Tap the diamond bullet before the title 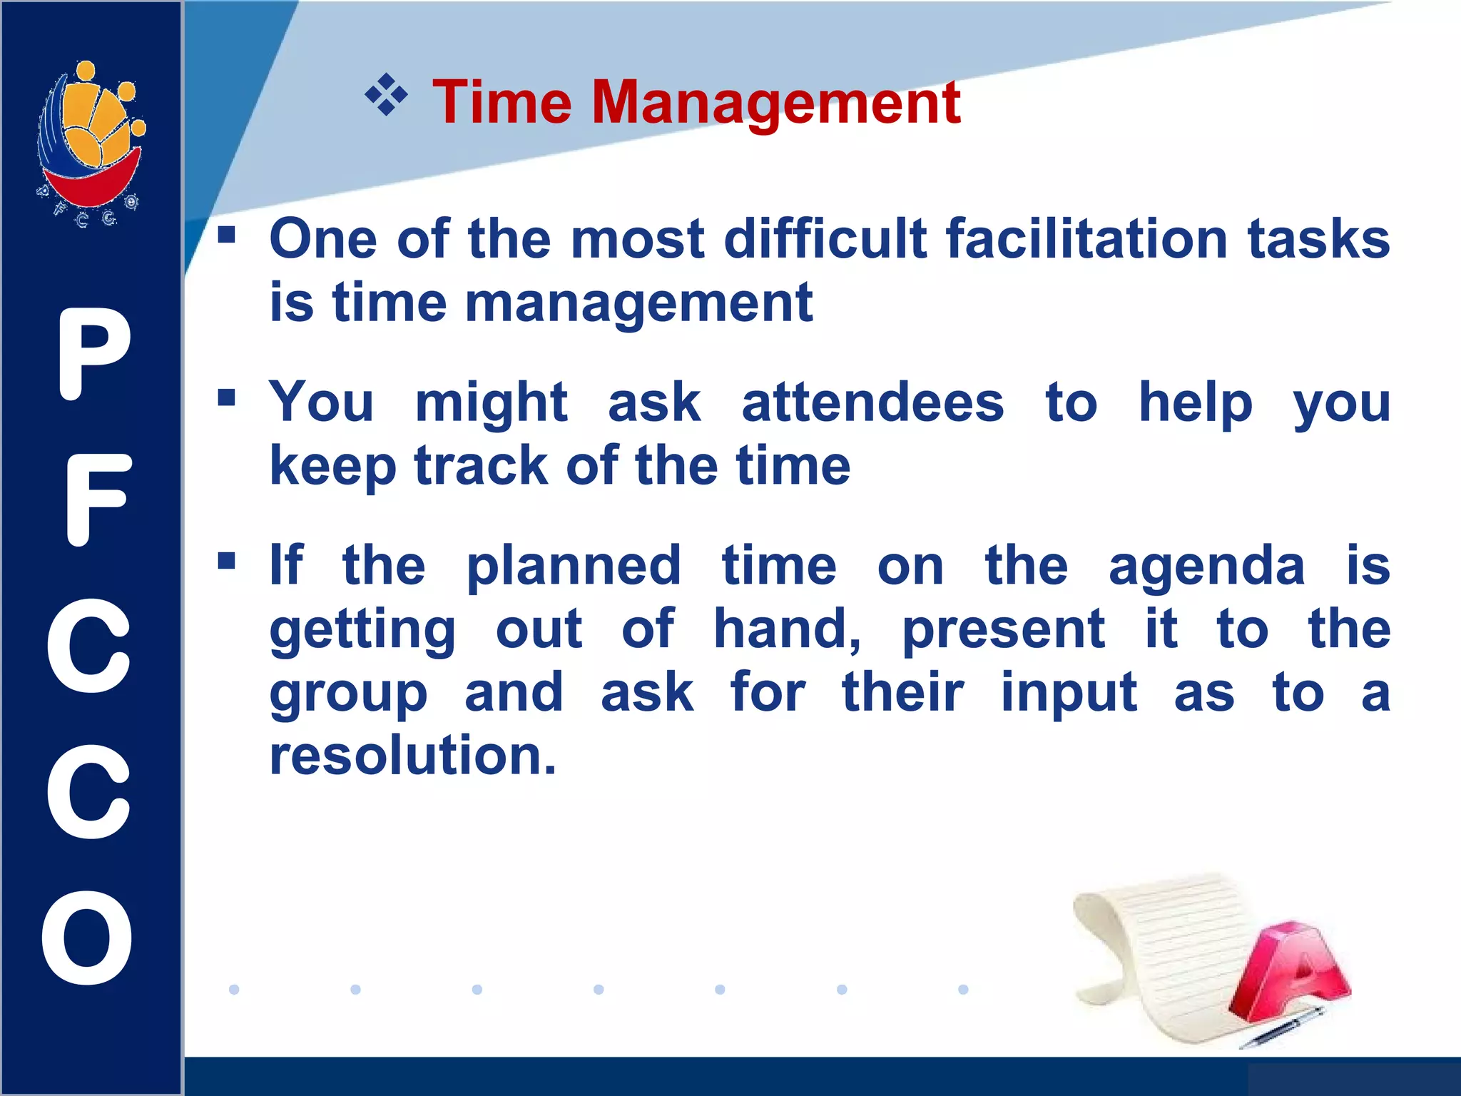tap(386, 94)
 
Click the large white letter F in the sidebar tap(98, 499)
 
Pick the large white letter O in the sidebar tap(87, 938)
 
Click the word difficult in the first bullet tap(824, 240)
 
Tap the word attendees tap(872, 403)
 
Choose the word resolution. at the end tap(412, 756)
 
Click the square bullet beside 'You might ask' tap(227, 397)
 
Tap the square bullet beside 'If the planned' tap(227, 561)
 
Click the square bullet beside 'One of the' tap(227, 234)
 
